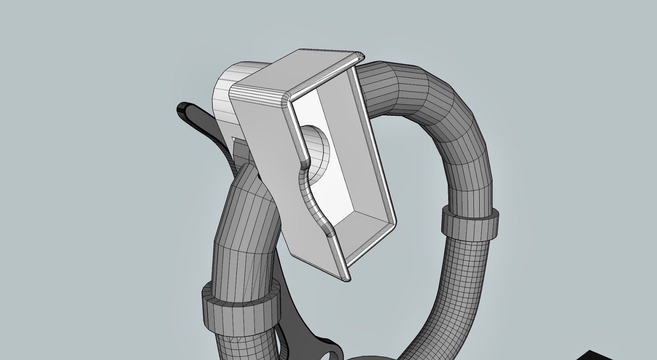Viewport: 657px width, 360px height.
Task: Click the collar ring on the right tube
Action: [470, 224]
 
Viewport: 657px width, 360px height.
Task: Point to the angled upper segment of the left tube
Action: [246, 205]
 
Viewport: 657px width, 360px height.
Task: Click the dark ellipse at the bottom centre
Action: [370, 356]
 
